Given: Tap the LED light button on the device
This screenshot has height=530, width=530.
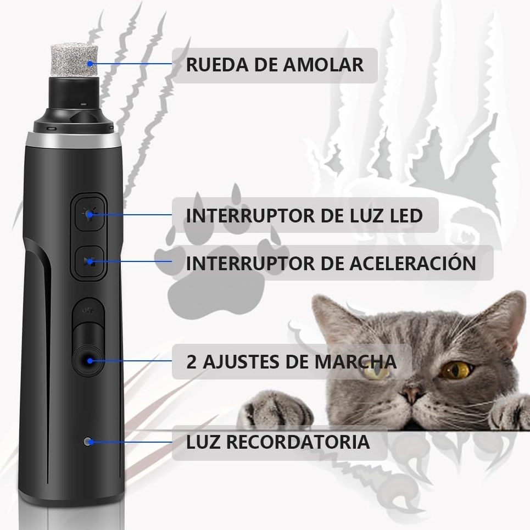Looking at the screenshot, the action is (x=89, y=214).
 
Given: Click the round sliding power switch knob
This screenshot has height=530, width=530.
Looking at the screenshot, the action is (x=89, y=361).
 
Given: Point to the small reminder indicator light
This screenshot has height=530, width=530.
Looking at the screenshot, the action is (x=88, y=442).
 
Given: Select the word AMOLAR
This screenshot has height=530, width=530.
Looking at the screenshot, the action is (x=323, y=65).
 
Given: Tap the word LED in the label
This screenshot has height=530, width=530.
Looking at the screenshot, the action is (x=406, y=215).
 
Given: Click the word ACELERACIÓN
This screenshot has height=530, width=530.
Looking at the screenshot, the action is (x=412, y=263).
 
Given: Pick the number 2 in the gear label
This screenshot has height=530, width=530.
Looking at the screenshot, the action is (x=191, y=362).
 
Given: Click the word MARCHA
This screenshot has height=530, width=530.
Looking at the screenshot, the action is (x=355, y=362).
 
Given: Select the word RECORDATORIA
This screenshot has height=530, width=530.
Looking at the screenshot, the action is (x=298, y=442).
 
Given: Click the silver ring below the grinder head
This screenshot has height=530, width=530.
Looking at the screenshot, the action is (x=74, y=140).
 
